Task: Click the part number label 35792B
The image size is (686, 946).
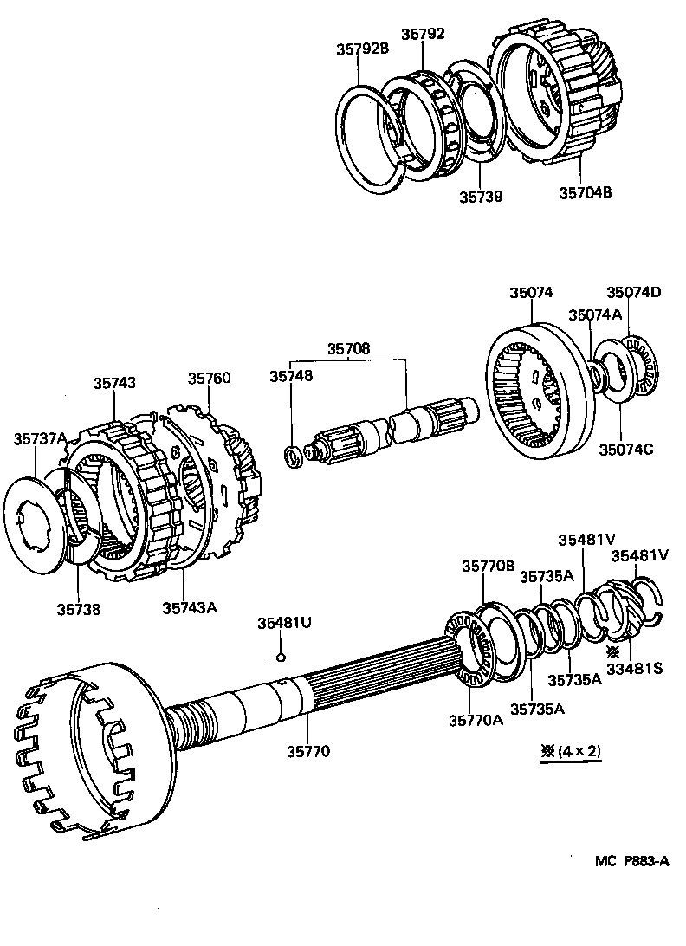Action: tap(363, 49)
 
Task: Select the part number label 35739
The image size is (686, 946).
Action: tap(481, 196)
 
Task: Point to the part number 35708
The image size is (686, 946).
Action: tap(348, 349)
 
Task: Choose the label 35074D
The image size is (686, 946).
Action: tap(633, 292)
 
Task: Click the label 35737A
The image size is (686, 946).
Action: tap(40, 439)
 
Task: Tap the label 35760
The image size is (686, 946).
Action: tap(210, 378)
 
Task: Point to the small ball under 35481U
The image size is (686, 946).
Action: tap(281, 658)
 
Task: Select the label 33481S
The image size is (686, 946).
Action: tap(633, 668)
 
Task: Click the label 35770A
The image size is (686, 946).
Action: tap(476, 720)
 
